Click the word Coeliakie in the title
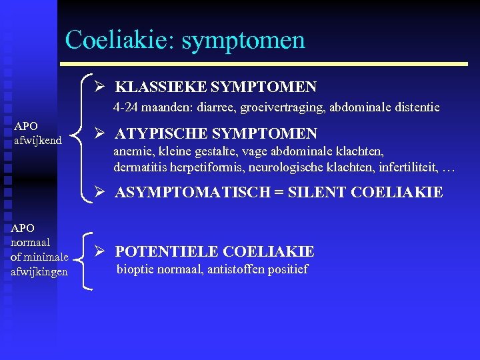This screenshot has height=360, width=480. click(x=119, y=40)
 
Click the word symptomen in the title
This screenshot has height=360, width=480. click(x=243, y=41)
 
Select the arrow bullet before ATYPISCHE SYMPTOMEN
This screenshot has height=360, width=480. click(x=99, y=133)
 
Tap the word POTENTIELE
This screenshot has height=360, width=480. click(x=166, y=251)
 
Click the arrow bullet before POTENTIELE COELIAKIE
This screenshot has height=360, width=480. click(x=99, y=251)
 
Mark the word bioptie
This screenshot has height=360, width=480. click(x=135, y=270)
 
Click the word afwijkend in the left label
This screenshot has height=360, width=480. click(x=38, y=140)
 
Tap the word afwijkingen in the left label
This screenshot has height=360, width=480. click(x=39, y=271)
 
